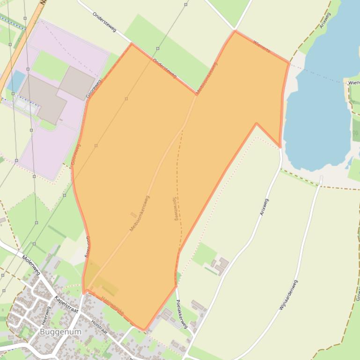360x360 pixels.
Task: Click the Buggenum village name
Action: (60, 332)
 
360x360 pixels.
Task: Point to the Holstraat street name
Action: (100, 326)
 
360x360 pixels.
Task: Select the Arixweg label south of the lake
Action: (264, 207)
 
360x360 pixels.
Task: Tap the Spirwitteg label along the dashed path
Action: (175, 209)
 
